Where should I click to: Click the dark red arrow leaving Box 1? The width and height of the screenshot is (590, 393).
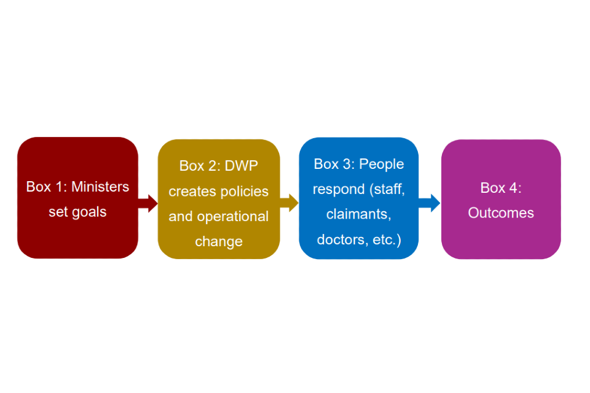pyautogui.click(x=148, y=203)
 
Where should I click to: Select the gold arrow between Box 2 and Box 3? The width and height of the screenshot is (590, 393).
pyautogui.click(x=289, y=202)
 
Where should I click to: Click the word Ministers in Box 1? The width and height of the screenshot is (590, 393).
pyautogui.click(x=100, y=187)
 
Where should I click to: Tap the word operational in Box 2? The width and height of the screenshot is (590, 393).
pyautogui.click(x=232, y=217)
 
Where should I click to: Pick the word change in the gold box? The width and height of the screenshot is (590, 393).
pyautogui.click(x=219, y=242)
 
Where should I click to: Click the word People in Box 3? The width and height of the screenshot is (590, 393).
pyautogui.click(x=381, y=164)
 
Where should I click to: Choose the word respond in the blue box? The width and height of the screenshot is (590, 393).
pyautogui.click(x=338, y=189)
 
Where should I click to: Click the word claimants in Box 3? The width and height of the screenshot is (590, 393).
pyautogui.click(x=359, y=214)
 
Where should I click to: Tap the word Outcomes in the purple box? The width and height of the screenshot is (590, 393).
pyautogui.click(x=501, y=213)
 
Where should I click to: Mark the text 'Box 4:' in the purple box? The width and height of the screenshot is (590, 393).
pyautogui.click(x=501, y=188)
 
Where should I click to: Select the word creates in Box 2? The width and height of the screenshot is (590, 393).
pyautogui.click(x=193, y=192)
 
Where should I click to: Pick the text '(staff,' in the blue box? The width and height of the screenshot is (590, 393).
pyautogui.click(x=387, y=189)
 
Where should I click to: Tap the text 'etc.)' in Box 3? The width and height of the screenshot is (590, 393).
pyautogui.click(x=387, y=239)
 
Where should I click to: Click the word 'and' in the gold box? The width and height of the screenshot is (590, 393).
pyautogui.click(x=181, y=217)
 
